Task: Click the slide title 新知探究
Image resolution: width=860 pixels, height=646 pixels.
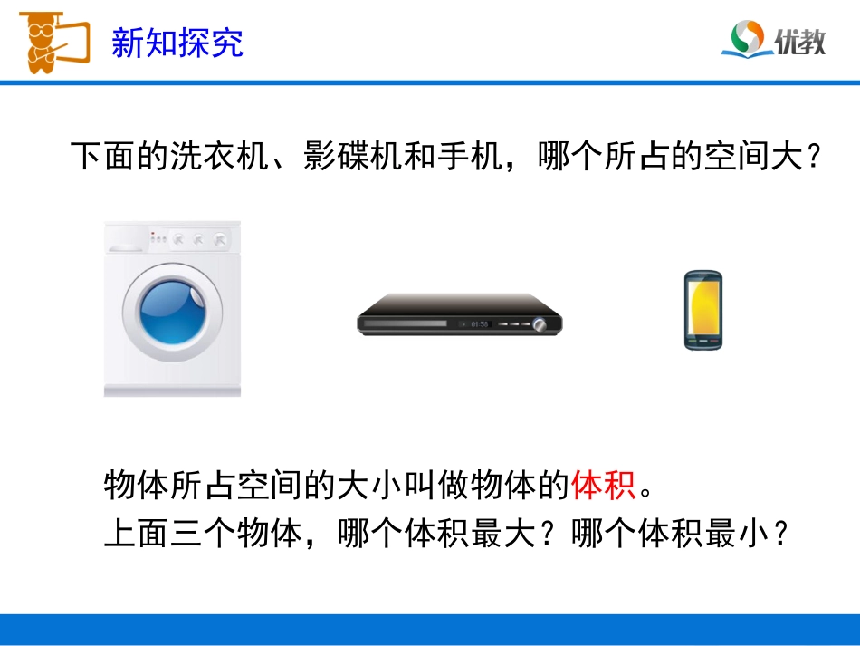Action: [x=177, y=42]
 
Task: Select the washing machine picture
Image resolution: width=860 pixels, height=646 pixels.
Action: [x=172, y=308]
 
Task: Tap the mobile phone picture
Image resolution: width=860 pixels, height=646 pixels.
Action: [x=702, y=310]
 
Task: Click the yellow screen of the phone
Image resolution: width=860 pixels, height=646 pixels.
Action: [x=702, y=306]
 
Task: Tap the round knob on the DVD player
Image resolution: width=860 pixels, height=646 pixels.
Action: [x=540, y=323]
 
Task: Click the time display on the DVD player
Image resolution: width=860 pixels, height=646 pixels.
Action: [x=479, y=323]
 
